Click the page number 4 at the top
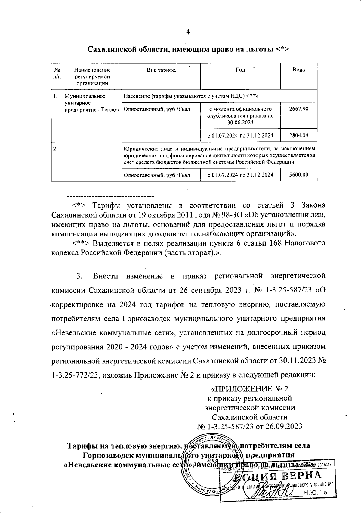(188, 32)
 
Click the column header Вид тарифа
(161, 70)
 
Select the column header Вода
(298, 70)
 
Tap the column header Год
(240, 70)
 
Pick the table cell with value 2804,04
(298, 135)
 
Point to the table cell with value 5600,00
(298, 175)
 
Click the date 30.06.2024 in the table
(240, 122)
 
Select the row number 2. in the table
(55, 148)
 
